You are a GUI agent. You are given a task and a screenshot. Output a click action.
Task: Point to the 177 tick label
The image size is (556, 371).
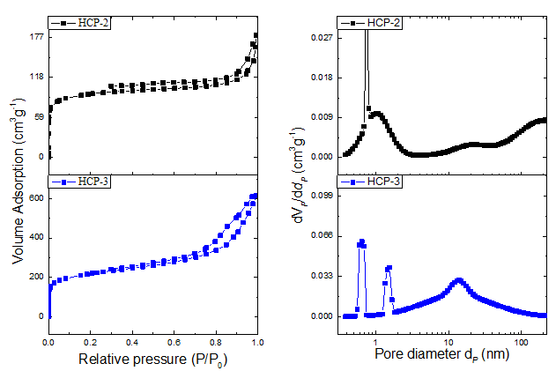tap(35, 37)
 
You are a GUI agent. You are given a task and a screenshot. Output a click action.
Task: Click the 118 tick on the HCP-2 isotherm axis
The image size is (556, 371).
tap(35, 77)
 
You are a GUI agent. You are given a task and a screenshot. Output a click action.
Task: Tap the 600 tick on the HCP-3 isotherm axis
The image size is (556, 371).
tap(35, 198)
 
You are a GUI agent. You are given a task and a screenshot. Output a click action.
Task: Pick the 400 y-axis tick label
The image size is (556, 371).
tap(35, 238)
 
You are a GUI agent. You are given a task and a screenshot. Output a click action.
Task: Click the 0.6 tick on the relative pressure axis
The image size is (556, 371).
tap(174, 339)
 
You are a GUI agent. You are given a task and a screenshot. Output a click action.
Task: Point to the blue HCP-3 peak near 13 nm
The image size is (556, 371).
tap(458, 281)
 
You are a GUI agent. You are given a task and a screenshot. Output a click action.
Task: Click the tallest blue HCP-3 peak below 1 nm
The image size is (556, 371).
tap(361, 241)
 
